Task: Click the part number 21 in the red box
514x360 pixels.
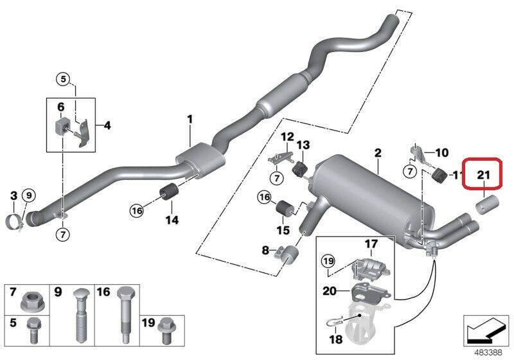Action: click(x=483, y=174)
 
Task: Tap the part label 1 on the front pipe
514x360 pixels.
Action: click(x=190, y=119)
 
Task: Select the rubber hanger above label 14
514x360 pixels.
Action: click(x=170, y=191)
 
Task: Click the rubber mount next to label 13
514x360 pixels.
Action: click(x=299, y=170)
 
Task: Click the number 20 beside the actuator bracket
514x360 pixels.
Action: click(x=330, y=291)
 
